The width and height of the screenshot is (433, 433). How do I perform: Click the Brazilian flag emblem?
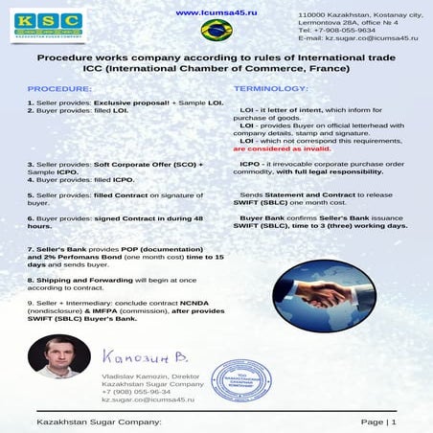pyautogui.click(x=216, y=31)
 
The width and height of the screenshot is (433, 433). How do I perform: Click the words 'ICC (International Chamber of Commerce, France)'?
pyautogui.click(x=216, y=70)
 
